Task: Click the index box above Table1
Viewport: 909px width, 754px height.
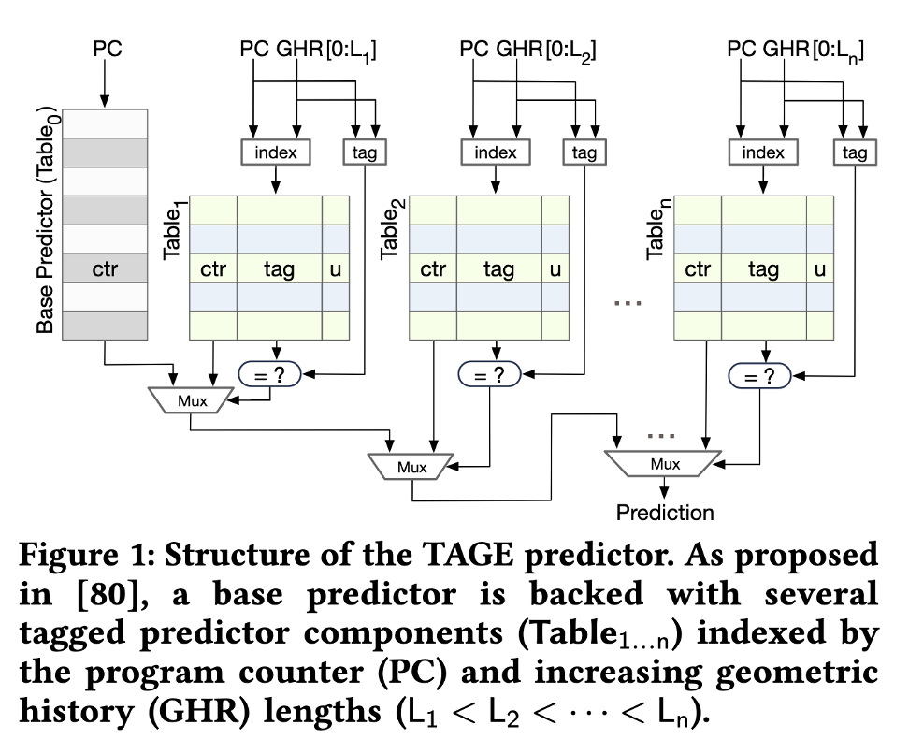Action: tap(275, 152)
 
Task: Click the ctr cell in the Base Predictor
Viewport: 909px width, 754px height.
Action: tap(105, 270)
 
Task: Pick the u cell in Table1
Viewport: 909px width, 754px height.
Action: tap(336, 270)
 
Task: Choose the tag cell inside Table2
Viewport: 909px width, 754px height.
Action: tap(498, 270)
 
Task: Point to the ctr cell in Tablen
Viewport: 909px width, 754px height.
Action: tap(698, 270)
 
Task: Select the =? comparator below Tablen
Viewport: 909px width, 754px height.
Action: tap(758, 375)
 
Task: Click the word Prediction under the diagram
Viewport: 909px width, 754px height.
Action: tap(664, 512)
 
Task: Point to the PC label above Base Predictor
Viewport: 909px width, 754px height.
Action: tap(106, 50)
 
